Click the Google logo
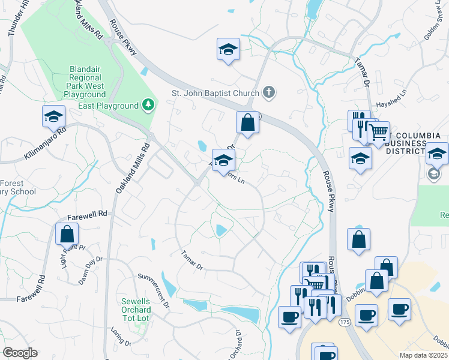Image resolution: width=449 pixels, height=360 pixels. [x=20, y=353]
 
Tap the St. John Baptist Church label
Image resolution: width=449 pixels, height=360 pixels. [x=215, y=93]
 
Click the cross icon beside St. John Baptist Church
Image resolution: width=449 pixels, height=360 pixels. [x=270, y=92]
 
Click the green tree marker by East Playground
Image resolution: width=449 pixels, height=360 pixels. [x=148, y=106]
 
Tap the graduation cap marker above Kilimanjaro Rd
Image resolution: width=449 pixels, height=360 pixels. [x=53, y=116]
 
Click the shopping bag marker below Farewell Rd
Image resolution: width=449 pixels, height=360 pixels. [x=67, y=233]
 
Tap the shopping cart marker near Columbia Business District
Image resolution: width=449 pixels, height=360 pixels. [x=378, y=133]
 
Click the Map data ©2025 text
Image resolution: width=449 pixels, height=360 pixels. [x=424, y=355]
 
